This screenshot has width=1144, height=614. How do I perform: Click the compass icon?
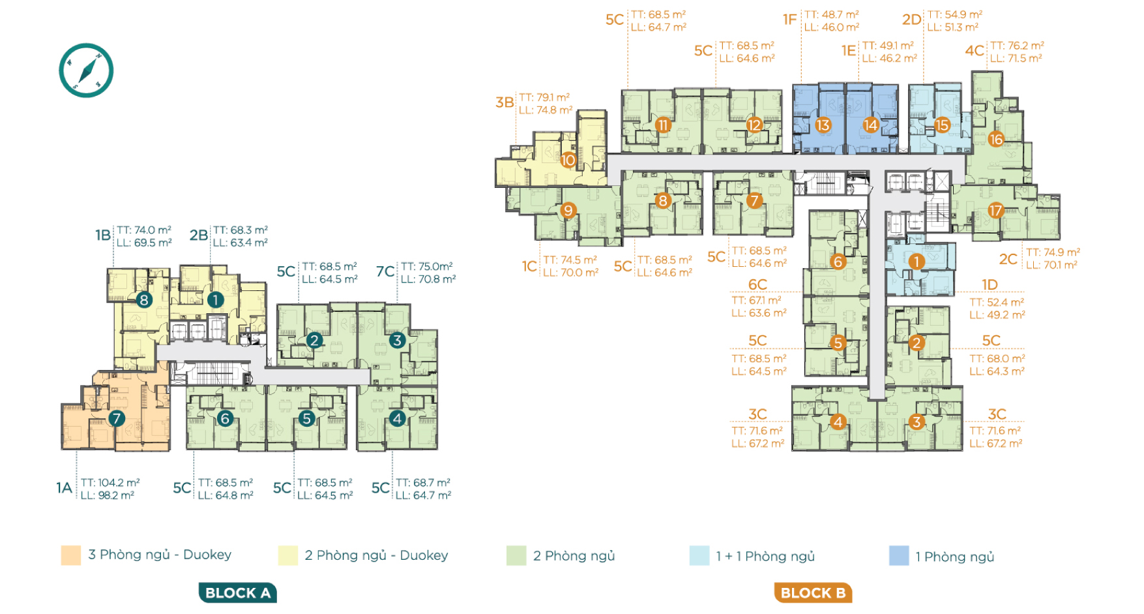point(86,70)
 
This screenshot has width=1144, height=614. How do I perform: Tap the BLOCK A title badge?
point(238,592)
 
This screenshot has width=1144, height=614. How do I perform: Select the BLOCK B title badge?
point(813,592)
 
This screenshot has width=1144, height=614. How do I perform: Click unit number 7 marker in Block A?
point(117,418)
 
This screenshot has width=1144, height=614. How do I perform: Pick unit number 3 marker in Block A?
point(397,340)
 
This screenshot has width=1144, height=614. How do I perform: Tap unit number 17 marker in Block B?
point(995,210)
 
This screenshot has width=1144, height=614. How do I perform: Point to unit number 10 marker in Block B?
point(568,160)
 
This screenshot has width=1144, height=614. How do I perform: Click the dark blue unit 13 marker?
point(823,125)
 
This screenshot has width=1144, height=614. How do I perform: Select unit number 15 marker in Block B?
point(942,125)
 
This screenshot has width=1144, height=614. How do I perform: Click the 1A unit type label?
point(64,488)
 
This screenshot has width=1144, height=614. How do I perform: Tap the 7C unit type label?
point(385,271)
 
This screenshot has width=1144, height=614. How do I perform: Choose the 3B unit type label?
point(505,102)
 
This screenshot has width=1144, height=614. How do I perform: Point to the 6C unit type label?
point(757,284)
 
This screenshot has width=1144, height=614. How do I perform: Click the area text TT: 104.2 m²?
point(110,483)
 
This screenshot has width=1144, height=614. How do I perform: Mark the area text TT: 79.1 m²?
point(544,97)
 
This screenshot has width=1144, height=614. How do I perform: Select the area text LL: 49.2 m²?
point(997,315)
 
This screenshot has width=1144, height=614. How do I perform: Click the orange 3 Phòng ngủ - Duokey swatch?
point(71,555)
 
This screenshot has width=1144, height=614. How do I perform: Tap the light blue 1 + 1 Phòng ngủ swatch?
point(699,556)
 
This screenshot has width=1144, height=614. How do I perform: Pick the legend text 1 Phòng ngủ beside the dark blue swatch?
point(954,557)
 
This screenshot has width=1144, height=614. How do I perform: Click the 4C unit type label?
point(975,51)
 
